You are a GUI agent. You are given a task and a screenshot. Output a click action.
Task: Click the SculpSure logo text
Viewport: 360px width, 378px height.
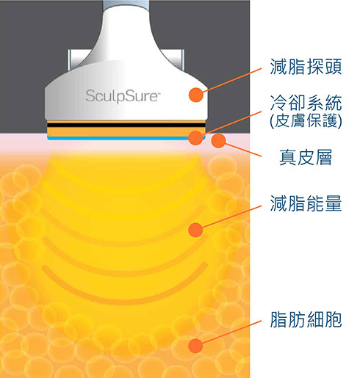click(x=123, y=96)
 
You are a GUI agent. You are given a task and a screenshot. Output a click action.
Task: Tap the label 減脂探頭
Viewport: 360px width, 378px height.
click(x=306, y=67)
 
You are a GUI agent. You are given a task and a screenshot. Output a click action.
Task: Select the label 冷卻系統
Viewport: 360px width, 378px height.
click(x=306, y=103)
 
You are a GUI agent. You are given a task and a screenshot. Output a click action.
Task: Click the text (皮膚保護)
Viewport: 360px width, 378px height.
click(x=306, y=121)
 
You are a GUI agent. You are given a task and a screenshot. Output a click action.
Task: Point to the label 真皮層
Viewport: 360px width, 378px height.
click(x=306, y=157)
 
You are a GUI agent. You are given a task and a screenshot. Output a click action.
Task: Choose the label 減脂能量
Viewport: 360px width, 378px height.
click(x=306, y=203)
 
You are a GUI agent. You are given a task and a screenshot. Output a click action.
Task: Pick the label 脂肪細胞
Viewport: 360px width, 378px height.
click(x=306, y=319)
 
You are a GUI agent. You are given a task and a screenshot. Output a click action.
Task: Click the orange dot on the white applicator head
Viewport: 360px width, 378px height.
click(x=196, y=95)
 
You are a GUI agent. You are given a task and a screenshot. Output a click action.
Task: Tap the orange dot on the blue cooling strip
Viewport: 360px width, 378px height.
click(x=195, y=137)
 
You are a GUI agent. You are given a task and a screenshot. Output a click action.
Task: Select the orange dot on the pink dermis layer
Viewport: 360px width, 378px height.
click(x=218, y=141)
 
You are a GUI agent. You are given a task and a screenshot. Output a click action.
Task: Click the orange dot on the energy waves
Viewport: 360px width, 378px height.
click(x=195, y=230)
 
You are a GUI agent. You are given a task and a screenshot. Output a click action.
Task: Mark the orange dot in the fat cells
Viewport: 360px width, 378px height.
click(x=195, y=346)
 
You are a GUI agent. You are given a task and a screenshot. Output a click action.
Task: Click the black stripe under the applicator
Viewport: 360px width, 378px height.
click(x=126, y=125)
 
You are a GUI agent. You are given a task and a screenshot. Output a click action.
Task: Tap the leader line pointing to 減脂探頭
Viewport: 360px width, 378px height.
click(x=232, y=80)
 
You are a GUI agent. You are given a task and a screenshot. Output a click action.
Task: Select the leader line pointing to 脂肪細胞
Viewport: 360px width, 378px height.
click(x=231, y=332)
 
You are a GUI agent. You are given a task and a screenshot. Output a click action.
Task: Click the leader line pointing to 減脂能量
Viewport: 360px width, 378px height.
click(x=231, y=217)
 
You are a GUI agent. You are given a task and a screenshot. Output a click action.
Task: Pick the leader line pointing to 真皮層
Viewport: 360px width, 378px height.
click(x=243, y=150)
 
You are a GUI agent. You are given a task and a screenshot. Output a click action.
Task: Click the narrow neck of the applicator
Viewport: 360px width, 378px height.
click(x=126, y=15)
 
